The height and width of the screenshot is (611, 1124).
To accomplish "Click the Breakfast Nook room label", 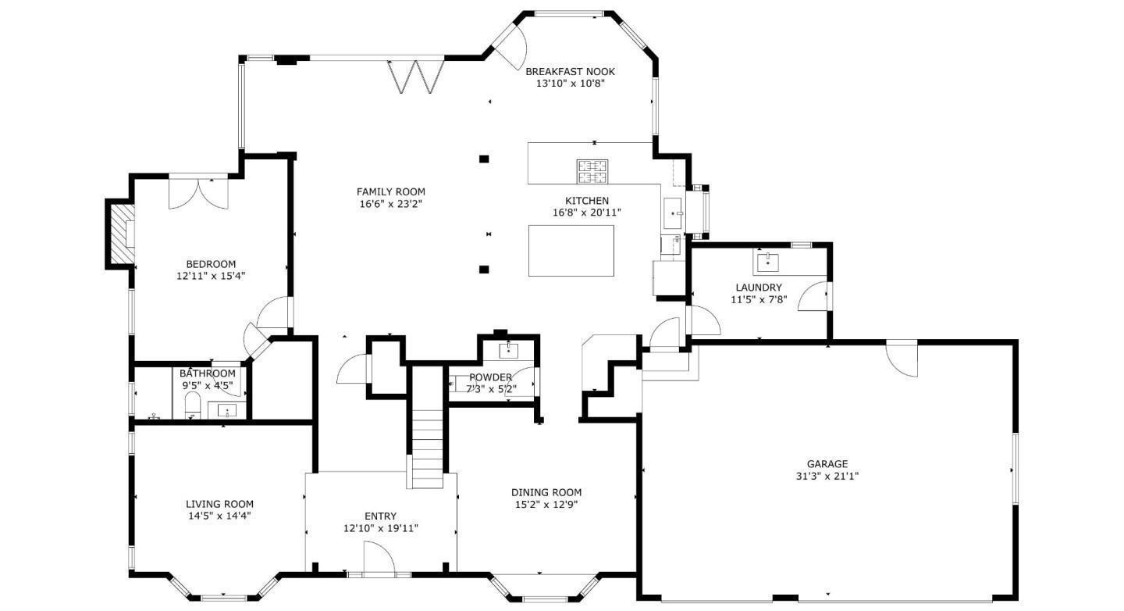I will [x=570, y=71].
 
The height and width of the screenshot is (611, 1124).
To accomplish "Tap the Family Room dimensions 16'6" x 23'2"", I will [x=390, y=205].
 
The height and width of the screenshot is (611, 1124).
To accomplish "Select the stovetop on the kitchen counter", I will [x=592, y=169].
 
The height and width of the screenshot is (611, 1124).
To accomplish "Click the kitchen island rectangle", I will [x=571, y=250].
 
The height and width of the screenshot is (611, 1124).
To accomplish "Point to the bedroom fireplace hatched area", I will [x=120, y=232].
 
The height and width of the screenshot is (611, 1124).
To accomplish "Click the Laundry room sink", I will [x=767, y=259].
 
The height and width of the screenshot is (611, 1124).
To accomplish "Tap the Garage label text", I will [x=827, y=464].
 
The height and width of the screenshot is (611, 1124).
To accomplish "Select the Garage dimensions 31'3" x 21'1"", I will [x=827, y=476].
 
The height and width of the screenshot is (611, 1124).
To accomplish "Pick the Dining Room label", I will [x=546, y=492].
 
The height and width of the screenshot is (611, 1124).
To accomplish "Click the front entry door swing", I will [x=378, y=559].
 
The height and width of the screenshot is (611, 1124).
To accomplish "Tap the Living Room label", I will [x=219, y=504].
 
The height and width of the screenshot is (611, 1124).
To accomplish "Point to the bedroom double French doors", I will [x=199, y=192].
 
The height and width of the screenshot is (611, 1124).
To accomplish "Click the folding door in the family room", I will [x=416, y=76].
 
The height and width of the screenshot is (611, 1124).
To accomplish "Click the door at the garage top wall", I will [x=902, y=356].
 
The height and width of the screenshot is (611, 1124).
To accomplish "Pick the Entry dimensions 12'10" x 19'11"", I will [x=380, y=528].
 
